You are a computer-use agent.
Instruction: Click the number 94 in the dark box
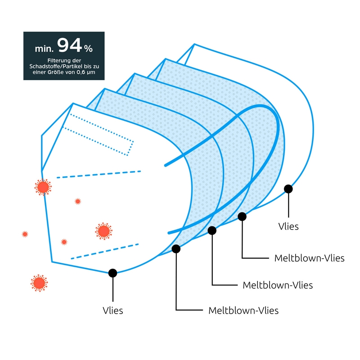click(70, 45)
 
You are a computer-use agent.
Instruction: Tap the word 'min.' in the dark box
click(45, 48)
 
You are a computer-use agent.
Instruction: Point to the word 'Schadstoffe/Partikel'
click(55, 67)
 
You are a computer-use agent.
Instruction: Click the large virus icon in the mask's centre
click(103, 231)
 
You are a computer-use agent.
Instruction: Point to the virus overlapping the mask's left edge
click(43, 186)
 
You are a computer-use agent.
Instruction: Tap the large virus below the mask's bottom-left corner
click(39, 283)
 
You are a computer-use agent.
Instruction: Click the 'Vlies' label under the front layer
click(112, 310)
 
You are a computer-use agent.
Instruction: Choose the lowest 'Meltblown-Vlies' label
click(243, 310)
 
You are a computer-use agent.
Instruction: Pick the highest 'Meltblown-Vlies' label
click(309, 258)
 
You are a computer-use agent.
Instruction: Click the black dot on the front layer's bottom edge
click(112, 273)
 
